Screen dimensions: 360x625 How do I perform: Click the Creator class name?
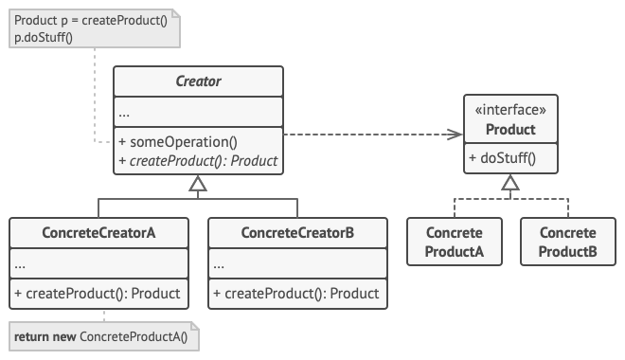click(198, 81)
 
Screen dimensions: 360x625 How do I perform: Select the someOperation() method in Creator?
click(178, 142)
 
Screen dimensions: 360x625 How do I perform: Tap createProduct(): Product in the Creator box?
click(198, 160)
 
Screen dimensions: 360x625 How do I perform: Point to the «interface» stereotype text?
click(510, 110)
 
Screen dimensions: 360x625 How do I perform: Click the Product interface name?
click(510, 129)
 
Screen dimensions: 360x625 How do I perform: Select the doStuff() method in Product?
click(502, 158)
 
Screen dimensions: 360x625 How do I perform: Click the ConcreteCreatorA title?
click(98, 232)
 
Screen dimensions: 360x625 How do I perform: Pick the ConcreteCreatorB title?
click(297, 232)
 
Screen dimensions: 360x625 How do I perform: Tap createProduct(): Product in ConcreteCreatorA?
click(98, 294)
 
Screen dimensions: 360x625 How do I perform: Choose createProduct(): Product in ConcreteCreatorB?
click(297, 294)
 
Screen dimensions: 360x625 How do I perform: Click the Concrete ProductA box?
click(455, 242)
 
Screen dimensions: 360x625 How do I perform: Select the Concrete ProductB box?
click(567, 242)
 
